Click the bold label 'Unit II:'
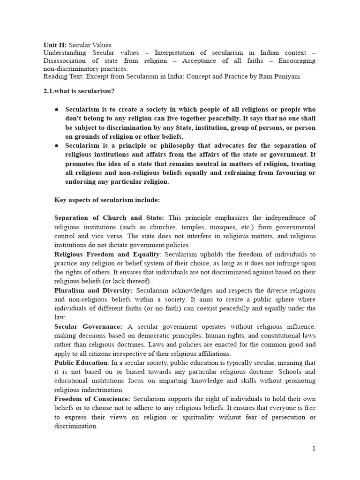point(55,45)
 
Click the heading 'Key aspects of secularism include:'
point(107,200)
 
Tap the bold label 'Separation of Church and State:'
point(109,218)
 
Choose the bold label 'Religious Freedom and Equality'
point(107,254)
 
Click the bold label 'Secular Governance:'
point(89,326)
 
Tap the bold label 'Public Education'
point(82,363)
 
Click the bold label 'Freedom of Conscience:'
point(92,399)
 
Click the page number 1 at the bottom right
point(314,449)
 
